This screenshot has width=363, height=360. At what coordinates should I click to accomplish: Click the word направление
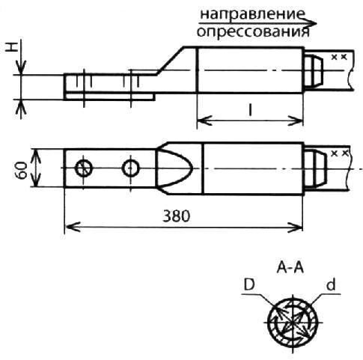point(252,14)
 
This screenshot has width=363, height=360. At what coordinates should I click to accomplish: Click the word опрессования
point(253,31)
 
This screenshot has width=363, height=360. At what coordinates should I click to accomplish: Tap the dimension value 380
point(176,216)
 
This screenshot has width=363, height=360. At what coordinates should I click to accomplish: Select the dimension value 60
point(23,170)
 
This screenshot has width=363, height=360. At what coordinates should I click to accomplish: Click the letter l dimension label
point(250,110)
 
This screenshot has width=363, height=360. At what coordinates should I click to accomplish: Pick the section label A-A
point(290,269)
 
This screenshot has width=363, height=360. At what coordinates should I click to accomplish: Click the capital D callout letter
point(249,284)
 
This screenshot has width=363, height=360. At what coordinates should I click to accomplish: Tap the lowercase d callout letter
point(331,284)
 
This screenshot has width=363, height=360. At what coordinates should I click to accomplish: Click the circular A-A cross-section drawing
point(293,322)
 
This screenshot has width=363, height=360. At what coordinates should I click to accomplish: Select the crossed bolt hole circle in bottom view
point(84,168)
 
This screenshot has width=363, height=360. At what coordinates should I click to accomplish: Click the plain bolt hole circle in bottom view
point(130,168)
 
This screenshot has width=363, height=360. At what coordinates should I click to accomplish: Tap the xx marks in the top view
point(339,57)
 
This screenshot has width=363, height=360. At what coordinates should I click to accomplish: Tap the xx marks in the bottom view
point(339,153)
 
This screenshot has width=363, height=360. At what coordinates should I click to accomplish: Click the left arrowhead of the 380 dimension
point(73,227)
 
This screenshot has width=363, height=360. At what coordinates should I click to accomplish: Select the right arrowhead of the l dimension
point(296,120)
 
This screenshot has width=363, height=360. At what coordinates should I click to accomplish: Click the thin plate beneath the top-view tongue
point(109,97)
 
